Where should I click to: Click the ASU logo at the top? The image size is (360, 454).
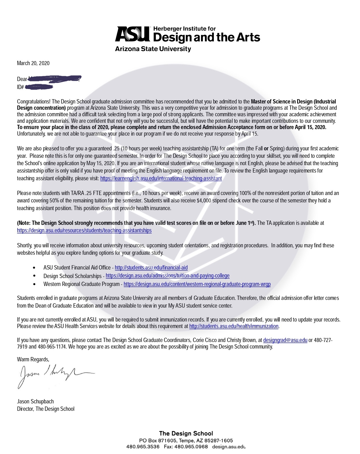[x=133, y=34]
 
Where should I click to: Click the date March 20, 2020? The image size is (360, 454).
[x=33, y=63]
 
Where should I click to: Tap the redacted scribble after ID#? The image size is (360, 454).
[x=39, y=87]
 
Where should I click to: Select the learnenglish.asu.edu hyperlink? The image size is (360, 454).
[x=161, y=178]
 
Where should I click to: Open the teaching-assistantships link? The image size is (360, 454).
[x=84, y=230]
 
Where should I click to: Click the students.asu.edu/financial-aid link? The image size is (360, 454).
[x=151, y=268]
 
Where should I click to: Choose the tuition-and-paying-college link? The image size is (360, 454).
[x=167, y=275]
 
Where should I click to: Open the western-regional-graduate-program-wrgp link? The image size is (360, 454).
[x=197, y=284]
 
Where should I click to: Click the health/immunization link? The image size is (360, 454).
[x=234, y=326]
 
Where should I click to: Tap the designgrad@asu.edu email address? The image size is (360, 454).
[x=285, y=340]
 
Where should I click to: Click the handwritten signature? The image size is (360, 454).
[x=54, y=375]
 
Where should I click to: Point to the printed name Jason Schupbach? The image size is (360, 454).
[x=35, y=401]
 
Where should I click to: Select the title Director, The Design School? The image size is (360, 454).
[x=46, y=409]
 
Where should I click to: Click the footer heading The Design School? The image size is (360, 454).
[x=186, y=433]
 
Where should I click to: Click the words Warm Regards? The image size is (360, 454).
[x=33, y=359]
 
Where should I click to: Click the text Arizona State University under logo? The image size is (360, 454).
[x=153, y=49]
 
